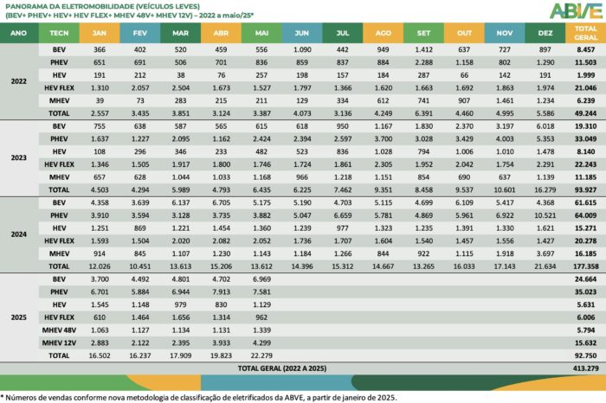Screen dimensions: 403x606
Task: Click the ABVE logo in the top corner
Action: pos(572,10)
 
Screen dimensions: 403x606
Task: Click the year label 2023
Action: pos(19,157)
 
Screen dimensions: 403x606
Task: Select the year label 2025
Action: pos(19,317)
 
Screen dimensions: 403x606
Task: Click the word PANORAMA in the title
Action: pos(28,6)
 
